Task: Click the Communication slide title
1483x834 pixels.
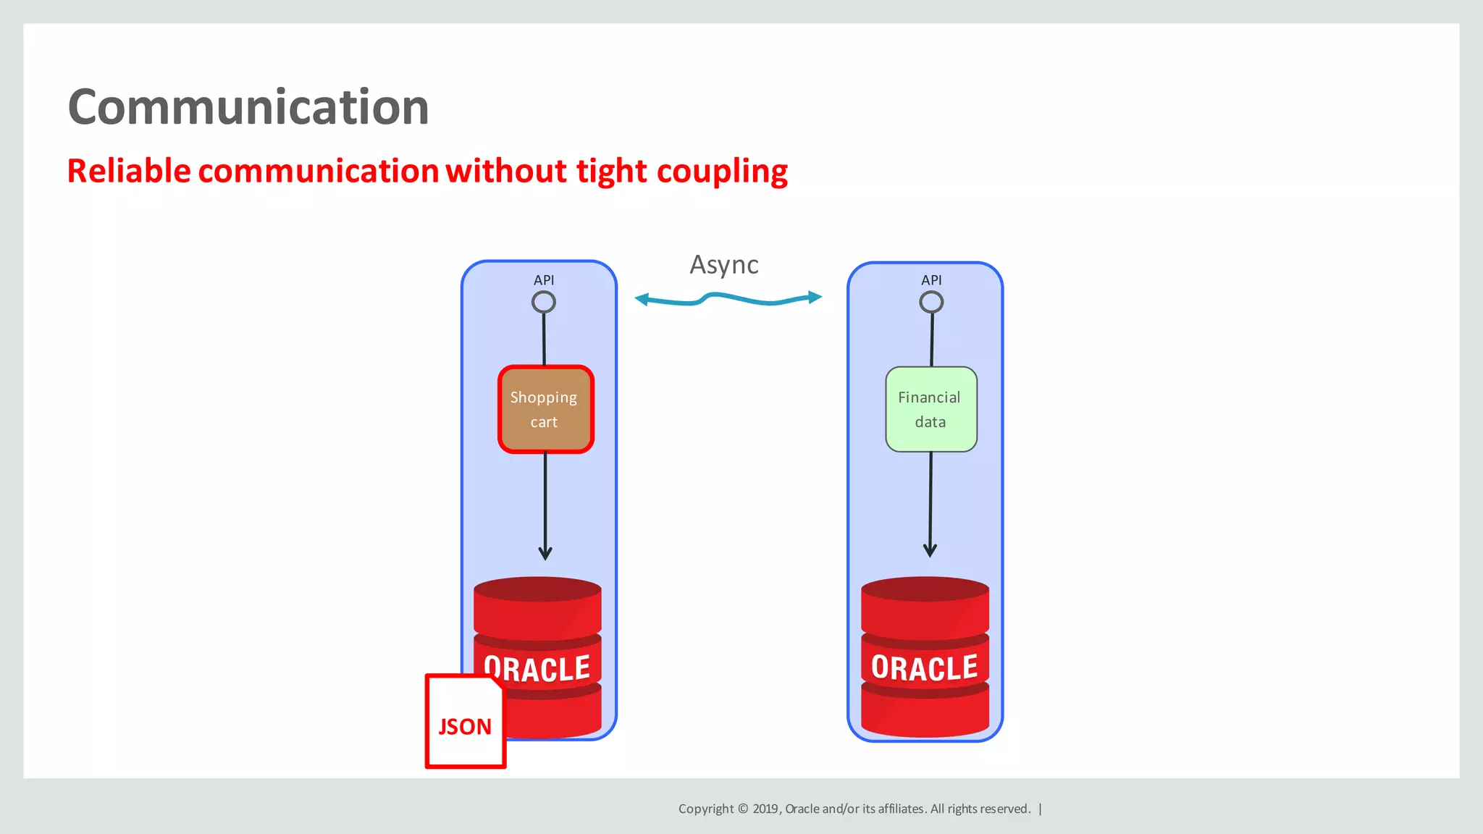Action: coord(248,107)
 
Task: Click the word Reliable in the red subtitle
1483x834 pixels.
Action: coord(129,172)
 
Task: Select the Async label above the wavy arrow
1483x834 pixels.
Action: coord(723,265)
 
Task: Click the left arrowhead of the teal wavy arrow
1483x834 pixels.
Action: coord(641,299)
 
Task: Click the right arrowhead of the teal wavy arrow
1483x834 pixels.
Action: coord(815,297)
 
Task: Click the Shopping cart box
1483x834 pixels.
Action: coord(545,410)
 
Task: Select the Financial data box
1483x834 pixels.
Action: coord(930,410)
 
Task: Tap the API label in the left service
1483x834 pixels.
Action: coord(544,280)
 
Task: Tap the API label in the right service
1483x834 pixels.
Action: coord(931,280)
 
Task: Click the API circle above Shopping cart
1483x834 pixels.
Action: coord(544,302)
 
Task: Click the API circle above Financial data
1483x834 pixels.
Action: coord(931,302)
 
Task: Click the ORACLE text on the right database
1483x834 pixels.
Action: coord(925,667)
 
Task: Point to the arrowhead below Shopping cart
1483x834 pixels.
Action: coord(545,554)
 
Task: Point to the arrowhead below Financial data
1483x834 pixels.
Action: coord(930,550)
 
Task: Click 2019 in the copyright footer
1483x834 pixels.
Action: coord(765,809)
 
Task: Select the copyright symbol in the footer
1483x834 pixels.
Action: coord(742,809)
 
